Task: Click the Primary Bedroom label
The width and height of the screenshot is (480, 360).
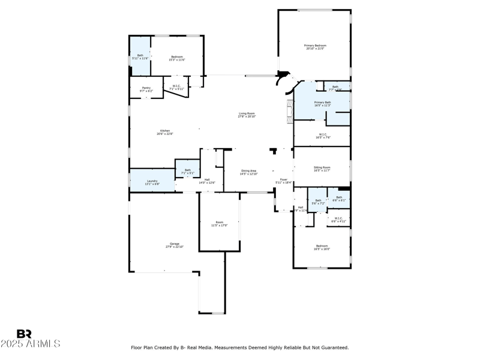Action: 314,46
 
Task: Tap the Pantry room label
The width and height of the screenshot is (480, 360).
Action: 146,88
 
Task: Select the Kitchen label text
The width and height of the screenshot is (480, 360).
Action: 164,131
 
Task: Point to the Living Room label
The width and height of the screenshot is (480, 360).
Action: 247,113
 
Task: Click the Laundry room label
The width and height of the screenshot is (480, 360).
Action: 152,181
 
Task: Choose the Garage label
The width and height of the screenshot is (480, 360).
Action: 174,244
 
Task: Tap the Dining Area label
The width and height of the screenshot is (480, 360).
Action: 248,170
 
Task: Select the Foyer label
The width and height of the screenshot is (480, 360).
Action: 283,179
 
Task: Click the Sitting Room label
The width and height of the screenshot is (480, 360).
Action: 322,167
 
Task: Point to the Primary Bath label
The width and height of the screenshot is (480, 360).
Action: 322,103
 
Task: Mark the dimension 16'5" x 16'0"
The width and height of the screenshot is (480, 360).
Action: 322,249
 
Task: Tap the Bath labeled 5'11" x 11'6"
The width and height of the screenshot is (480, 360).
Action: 140,56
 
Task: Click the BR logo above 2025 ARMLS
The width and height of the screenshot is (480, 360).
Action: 24,334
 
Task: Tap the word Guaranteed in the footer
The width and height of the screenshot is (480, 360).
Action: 334,347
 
